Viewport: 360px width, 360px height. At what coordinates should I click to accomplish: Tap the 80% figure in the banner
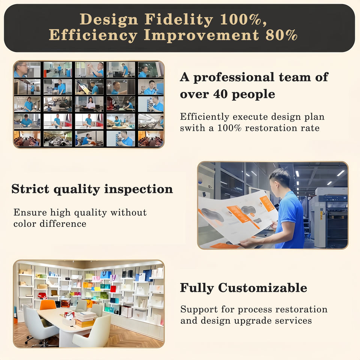coord(281,35)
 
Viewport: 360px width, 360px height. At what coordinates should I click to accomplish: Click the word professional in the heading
coord(234,78)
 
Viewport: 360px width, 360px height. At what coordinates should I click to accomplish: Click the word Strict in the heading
coord(30,189)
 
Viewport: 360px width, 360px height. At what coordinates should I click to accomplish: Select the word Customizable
coord(262,288)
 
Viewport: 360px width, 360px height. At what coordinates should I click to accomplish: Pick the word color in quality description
coord(25,223)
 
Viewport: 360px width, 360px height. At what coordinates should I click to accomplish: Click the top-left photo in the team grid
coord(27,70)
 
